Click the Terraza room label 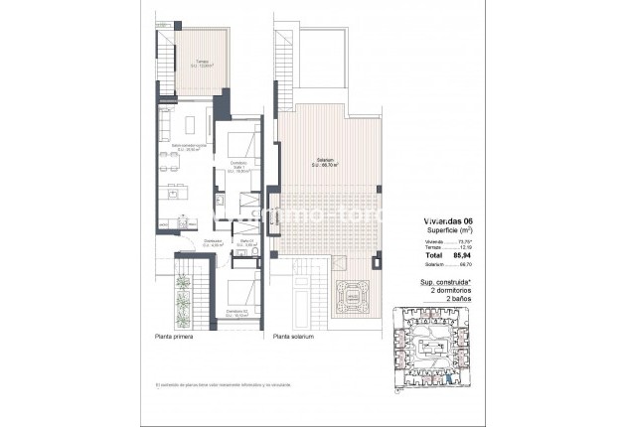204,65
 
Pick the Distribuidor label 213,242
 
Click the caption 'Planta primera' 174,338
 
